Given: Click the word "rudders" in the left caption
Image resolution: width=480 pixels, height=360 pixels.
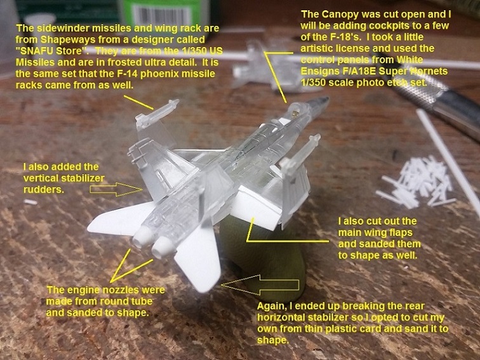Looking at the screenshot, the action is click(44, 189).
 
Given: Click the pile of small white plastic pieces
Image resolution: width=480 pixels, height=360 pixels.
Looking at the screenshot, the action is click(415, 182).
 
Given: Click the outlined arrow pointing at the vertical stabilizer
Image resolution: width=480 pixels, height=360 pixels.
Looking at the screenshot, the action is click(116, 189).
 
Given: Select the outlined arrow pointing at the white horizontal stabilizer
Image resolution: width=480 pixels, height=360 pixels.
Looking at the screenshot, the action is click(260, 285).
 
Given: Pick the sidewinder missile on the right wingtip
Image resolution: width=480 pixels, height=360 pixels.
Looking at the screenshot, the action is click(300, 152).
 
